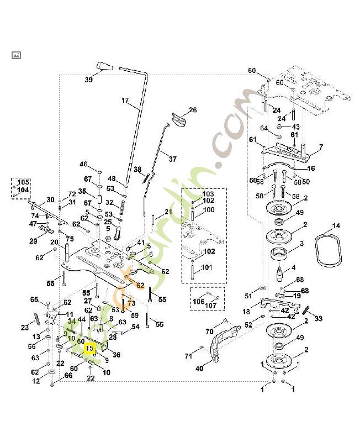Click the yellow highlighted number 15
[89, 349]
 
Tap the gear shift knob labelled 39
[103, 67]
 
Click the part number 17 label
[125, 101]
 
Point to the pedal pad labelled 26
[179, 119]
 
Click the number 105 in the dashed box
[23, 182]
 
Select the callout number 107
[211, 305]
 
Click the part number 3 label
[301, 244]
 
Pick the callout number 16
[310, 169]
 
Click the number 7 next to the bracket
[321, 146]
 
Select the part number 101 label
[205, 268]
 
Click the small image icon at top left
[16, 55]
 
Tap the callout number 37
[172, 159]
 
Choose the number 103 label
[208, 194]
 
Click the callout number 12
[36, 381]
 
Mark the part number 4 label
[293, 267]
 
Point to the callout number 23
[25, 328]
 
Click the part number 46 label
[83, 164]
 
